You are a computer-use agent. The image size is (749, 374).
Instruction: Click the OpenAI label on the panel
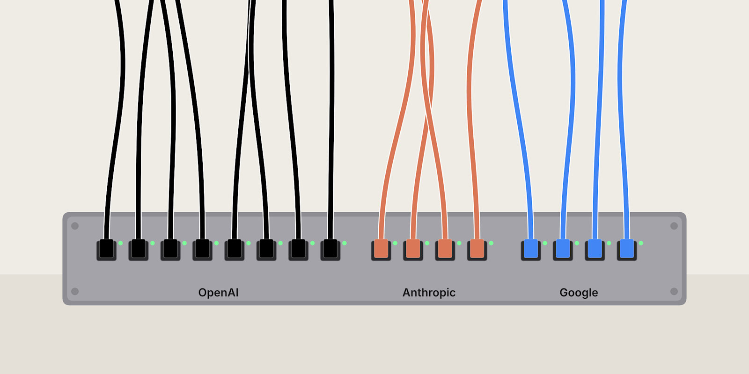218,293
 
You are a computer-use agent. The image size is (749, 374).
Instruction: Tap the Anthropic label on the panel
429,293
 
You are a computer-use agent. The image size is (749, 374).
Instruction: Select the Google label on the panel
579,293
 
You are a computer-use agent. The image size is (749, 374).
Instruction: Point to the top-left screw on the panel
75,226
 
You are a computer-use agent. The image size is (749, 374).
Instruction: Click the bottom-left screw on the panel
75,292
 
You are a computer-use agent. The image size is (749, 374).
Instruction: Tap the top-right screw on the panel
674,226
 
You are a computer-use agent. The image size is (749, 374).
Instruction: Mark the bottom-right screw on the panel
674,292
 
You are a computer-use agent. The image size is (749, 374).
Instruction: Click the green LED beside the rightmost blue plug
641,243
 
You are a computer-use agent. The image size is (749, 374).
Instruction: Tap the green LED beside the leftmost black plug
121,243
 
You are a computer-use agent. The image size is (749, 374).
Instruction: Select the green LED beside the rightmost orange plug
491,243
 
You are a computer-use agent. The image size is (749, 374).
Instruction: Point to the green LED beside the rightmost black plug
345,243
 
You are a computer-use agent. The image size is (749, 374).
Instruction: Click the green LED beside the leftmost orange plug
395,243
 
